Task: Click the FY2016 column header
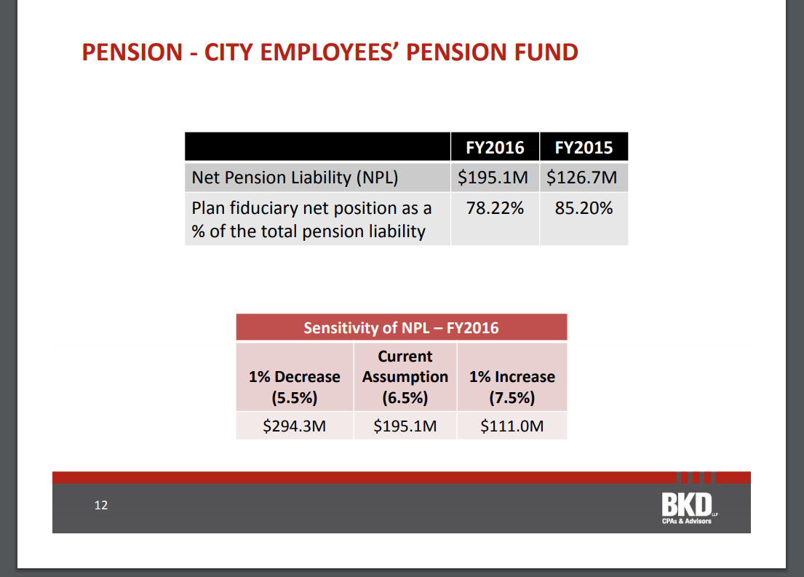point(495,148)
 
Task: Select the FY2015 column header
point(584,148)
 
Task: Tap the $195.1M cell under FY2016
point(494,178)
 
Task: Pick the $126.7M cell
point(582,178)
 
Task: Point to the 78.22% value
point(495,209)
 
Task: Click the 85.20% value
point(584,209)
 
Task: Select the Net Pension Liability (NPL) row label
point(295,178)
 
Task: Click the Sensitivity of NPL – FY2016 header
point(401,327)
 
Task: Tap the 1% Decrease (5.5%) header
point(294,387)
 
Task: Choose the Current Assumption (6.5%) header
point(405,377)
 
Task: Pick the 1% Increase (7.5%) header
point(512,387)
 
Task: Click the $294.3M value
point(294,426)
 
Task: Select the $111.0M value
point(512,426)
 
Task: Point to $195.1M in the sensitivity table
point(405,426)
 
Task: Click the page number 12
point(101,505)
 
